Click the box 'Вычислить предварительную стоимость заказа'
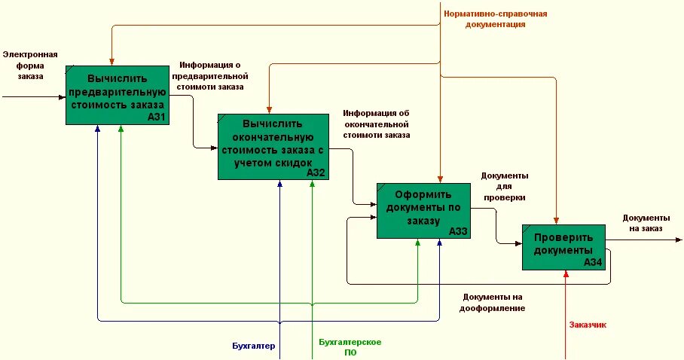click(116, 91)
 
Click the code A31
click(157, 117)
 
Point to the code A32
click(316, 172)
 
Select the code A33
click(458, 232)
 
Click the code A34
click(593, 263)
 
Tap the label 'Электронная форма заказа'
click(30, 66)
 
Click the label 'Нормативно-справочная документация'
click(495, 19)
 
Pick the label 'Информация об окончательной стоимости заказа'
click(376, 124)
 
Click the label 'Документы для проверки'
click(505, 186)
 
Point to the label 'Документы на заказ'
click(643, 223)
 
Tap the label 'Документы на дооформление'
click(493, 303)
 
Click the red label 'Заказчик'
click(588, 325)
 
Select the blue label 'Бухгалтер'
click(253, 346)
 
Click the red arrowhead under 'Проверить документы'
click(565, 274)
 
